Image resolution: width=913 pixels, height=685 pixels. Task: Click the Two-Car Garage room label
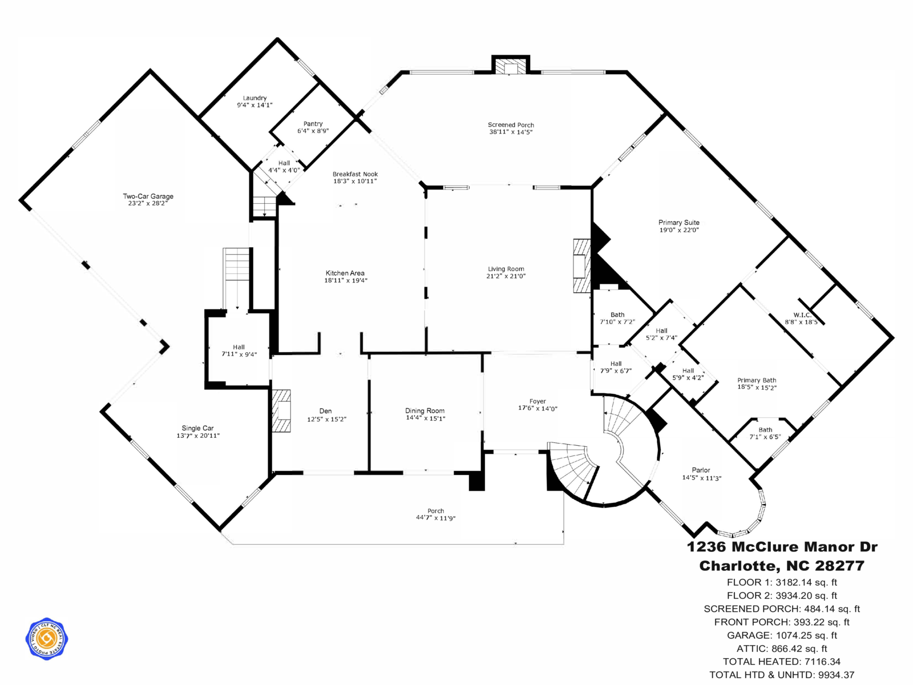coord(148,196)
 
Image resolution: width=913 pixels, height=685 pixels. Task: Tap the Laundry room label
coord(254,98)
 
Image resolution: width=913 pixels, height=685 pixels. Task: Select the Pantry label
coord(313,124)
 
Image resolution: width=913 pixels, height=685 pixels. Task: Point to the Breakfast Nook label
coord(355,174)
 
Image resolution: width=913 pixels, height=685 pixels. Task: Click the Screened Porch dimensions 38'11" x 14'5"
coord(511,132)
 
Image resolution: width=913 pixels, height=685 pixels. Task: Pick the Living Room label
coord(506,269)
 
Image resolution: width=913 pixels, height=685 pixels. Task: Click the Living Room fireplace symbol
coord(582,266)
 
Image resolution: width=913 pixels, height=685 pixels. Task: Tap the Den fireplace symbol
coord(281,410)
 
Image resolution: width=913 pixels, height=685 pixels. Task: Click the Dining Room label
coord(425,410)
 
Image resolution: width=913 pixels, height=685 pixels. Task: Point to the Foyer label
coord(537,401)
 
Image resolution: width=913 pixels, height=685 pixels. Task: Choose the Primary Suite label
coord(678,223)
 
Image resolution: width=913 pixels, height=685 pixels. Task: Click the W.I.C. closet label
coord(802,315)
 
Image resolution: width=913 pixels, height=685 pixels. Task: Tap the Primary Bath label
coord(757,380)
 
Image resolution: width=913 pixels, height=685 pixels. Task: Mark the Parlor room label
coord(701,470)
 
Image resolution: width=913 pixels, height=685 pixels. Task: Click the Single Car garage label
coord(197,428)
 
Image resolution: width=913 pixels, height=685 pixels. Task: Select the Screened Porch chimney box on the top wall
coord(511,67)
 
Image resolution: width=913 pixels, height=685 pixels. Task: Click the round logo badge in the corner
coord(47,639)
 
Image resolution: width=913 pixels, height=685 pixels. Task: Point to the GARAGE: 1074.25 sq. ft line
coord(782,635)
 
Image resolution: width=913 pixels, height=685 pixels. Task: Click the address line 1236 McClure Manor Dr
coord(782,547)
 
